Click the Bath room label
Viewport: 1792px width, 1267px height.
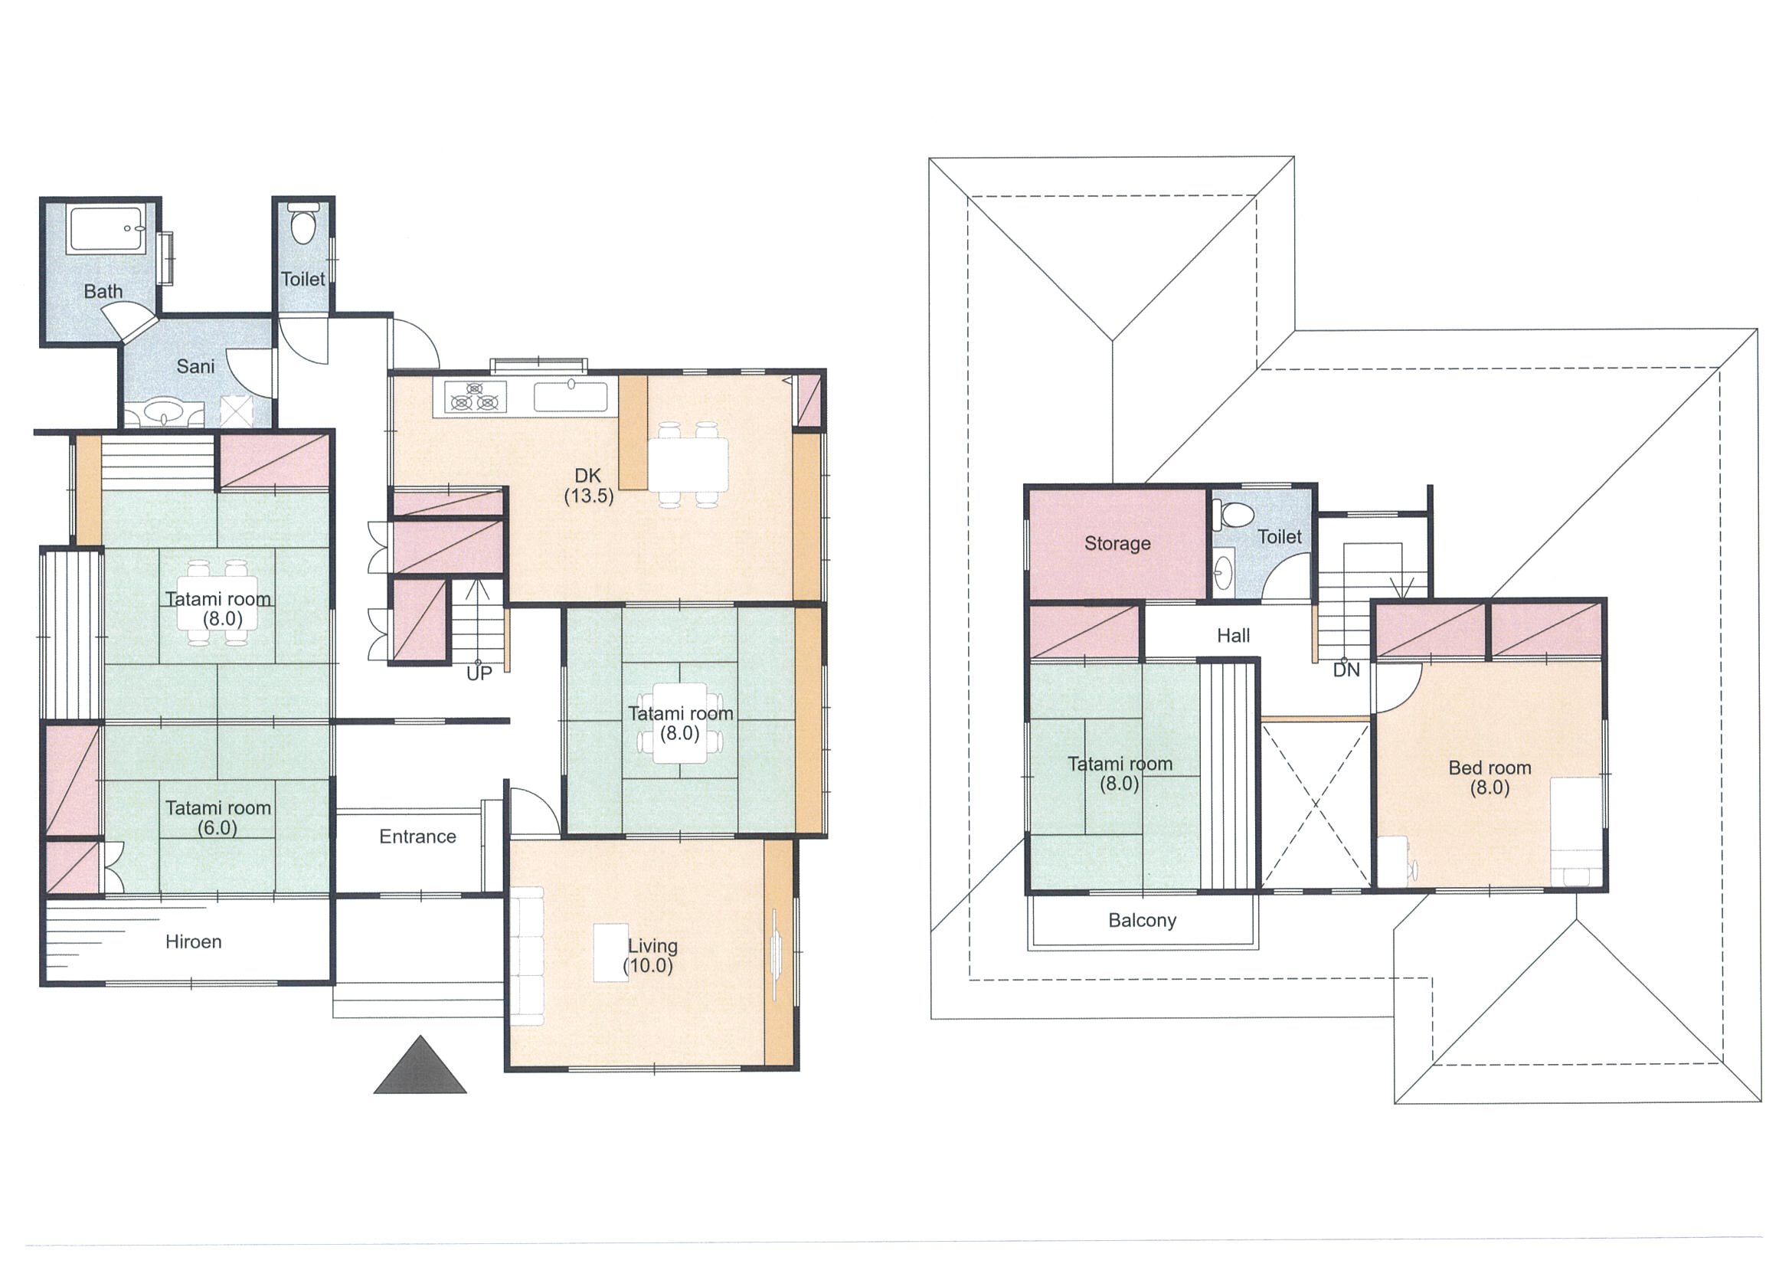click(x=103, y=291)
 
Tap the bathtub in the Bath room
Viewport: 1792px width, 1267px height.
click(x=106, y=229)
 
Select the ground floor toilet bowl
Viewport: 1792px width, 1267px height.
click(x=302, y=225)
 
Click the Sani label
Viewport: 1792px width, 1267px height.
click(x=195, y=366)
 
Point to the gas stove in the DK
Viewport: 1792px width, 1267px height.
click(x=474, y=396)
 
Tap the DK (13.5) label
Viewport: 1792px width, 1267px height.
click(x=588, y=486)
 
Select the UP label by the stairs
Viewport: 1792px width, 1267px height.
click(x=479, y=673)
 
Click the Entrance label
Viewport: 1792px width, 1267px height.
click(x=417, y=836)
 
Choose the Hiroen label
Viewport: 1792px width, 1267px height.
click(x=194, y=942)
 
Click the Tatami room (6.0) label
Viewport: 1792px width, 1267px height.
click(x=217, y=817)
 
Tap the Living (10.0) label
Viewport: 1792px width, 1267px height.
click(x=650, y=955)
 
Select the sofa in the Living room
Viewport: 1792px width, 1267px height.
click(x=528, y=956)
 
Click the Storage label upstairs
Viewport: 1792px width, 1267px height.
click(x=1117, y=544)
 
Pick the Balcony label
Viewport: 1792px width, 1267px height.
click(x=1142, y=921)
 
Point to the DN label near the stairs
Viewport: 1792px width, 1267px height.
click(x=1346, y=669)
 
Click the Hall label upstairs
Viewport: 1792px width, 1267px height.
click(x=1233, y=636)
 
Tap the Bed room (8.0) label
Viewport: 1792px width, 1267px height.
click(x=1490, y=778)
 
